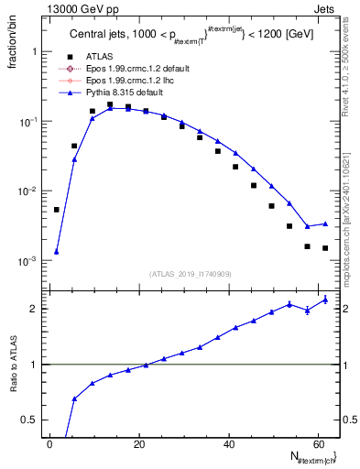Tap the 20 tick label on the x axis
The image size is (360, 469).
(139, 442)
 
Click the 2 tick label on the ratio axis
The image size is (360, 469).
(33, 309)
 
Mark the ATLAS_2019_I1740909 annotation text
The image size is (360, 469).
(189, 274)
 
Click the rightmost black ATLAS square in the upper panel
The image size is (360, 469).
(325, 248)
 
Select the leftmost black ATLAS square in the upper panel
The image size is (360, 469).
(56, 210)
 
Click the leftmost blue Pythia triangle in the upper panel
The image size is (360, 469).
(56, 252)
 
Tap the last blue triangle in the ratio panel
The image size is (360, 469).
(325, 299)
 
